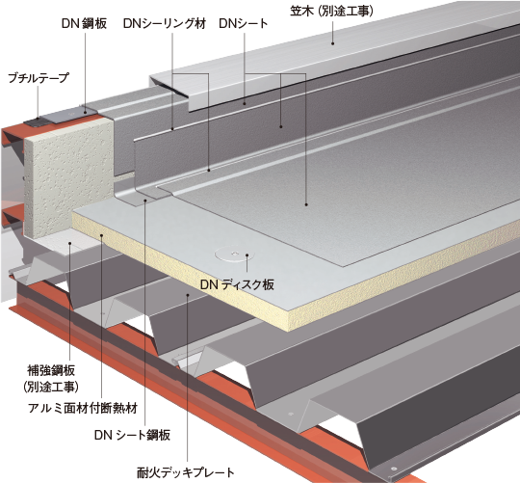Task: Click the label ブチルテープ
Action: [39, 78]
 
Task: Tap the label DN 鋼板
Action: [84, 23]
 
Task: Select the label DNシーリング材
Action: [165, 23]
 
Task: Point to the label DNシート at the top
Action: [244, 23]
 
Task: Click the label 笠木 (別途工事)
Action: [331, 12]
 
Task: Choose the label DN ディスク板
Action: [237, 284]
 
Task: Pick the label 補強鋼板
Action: [51, 370]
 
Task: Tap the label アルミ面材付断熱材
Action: [83, 408]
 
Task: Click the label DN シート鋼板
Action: [132, 435]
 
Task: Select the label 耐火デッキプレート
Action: [186, 472]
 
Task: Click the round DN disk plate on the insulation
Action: [235, 255]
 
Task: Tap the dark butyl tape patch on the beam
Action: [38, 122]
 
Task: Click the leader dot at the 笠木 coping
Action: [332, 43]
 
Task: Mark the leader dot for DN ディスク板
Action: [247, 255]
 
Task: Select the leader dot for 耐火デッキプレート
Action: [188, 294]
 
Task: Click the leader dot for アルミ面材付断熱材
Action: [102, 235]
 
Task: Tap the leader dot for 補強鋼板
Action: [70, 243]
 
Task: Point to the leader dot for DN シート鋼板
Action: [144, 200]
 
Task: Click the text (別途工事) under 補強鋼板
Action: [51, 387]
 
